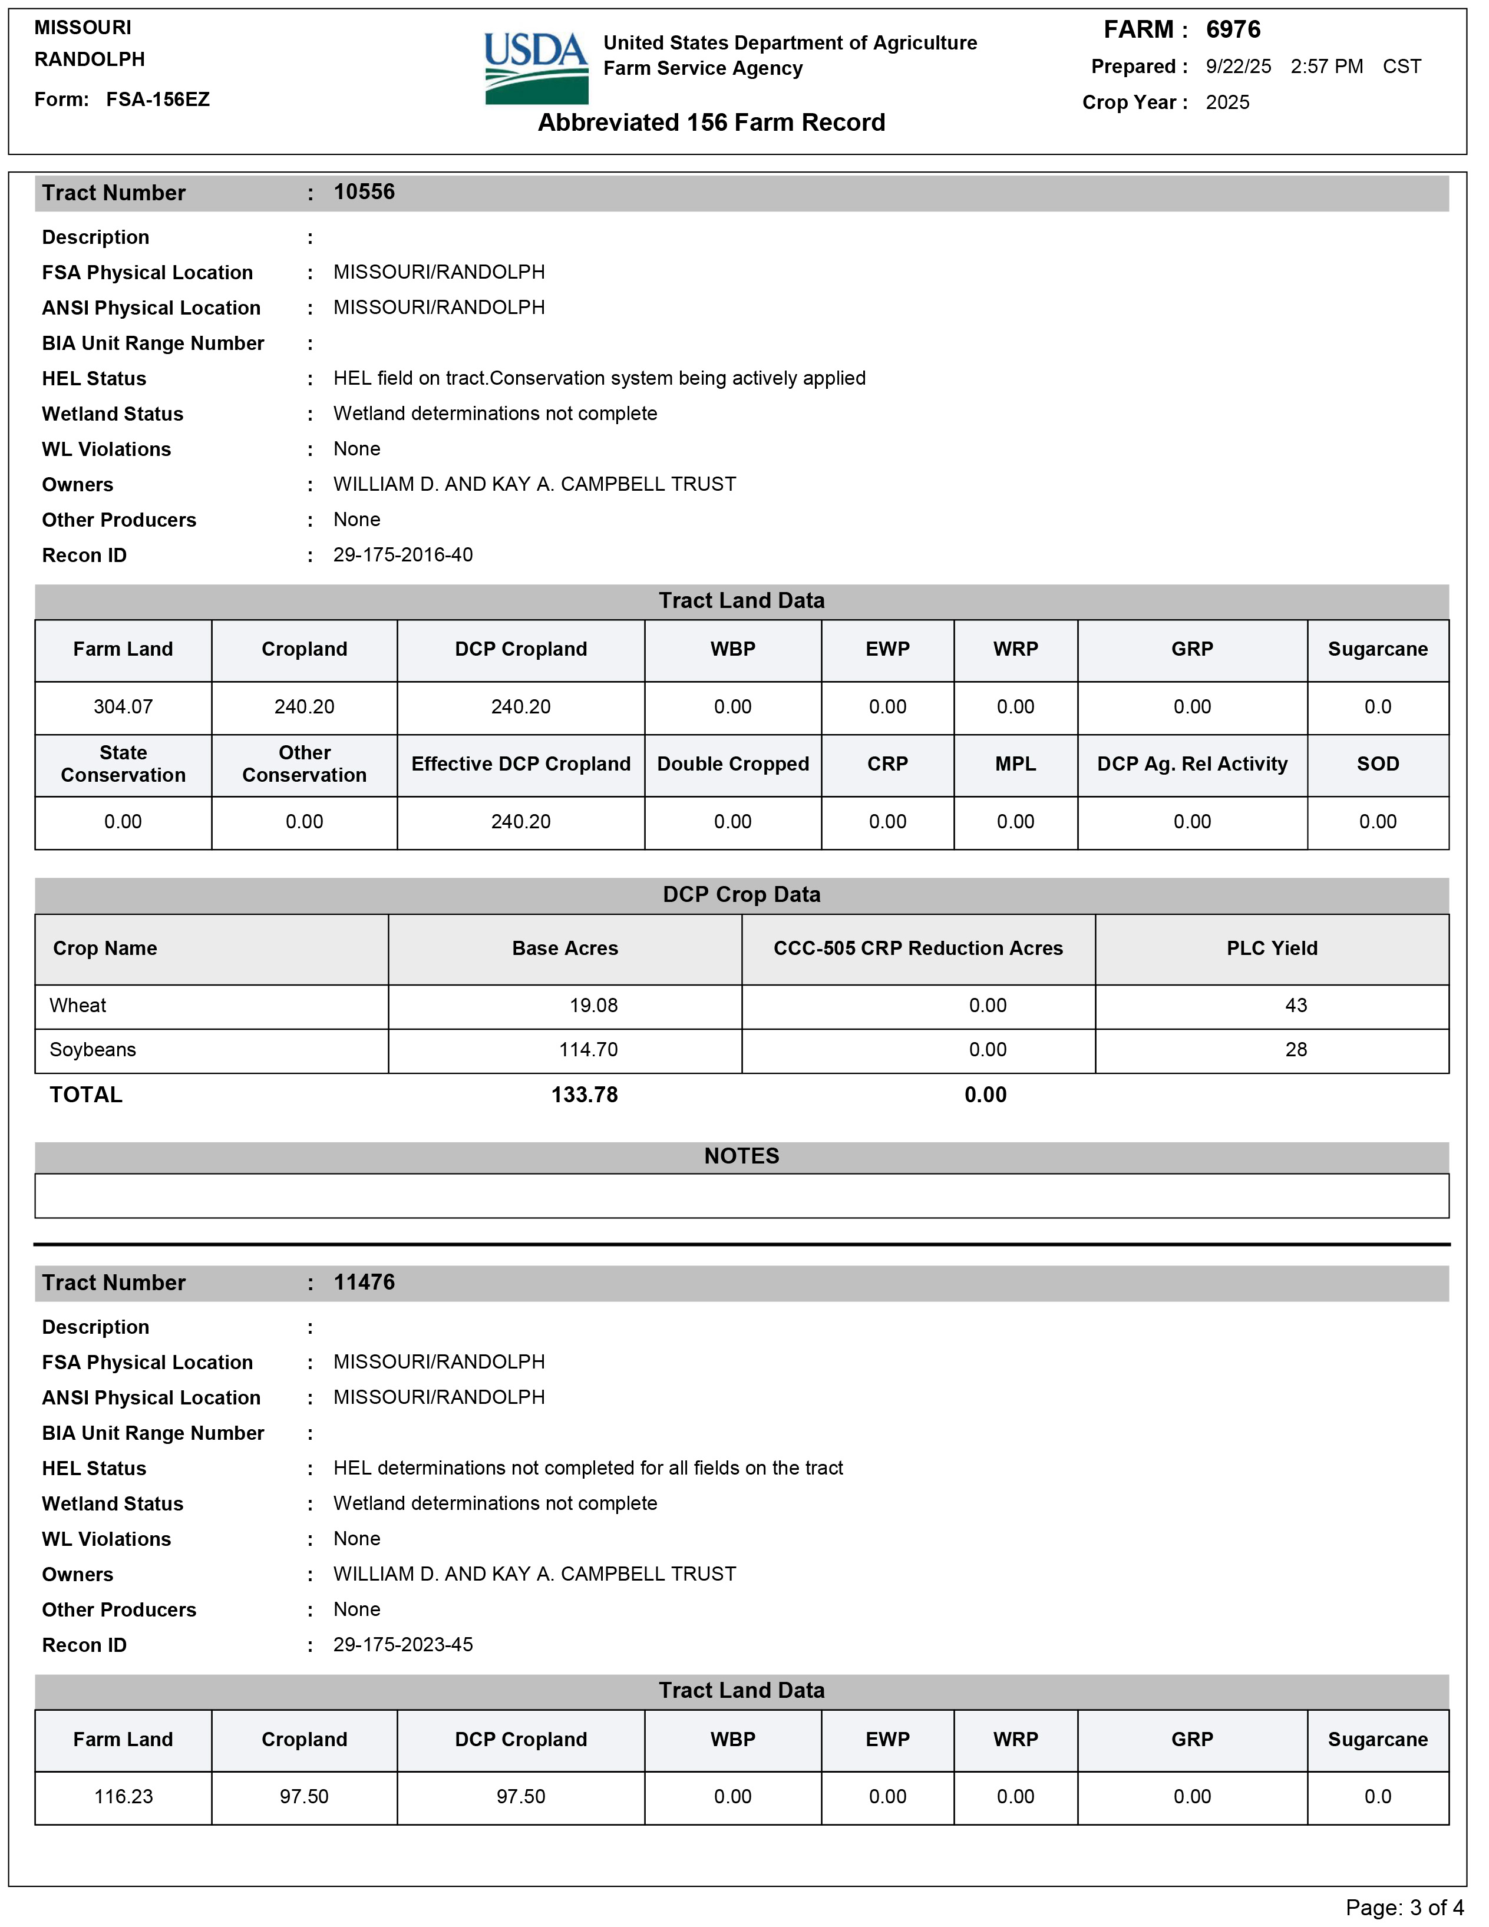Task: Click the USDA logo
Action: [x=536, y=68]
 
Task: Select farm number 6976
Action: [x=1233, y=30]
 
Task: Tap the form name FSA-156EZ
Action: [x=158, y=100]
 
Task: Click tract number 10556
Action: [x=364, y=193]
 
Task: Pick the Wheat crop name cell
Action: [x=78, y=1006]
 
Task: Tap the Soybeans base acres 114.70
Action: [x=588, y=1050]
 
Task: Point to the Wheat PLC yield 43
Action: [x=1296, y=1006]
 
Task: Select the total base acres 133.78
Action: [x=585, y=1095]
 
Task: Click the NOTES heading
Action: [x=741, y=1156]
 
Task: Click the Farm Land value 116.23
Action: [x=124, y=1796]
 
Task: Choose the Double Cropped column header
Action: [x=732, y=764]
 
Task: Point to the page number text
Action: [x=1404, y=1908]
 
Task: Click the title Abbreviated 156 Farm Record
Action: [x=711, y=123]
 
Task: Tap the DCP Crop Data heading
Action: [x=741, y=895]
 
